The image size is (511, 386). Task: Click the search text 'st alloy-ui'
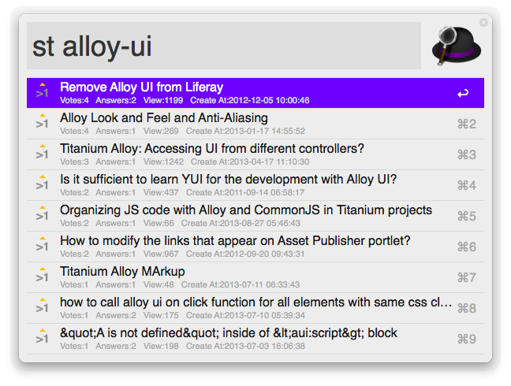coord(92,46)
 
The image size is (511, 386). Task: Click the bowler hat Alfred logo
coord(457,45)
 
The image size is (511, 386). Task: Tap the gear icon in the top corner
coord(483,23)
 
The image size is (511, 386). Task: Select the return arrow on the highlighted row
coord(463,94)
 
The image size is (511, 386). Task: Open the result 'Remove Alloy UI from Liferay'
coord(141,87)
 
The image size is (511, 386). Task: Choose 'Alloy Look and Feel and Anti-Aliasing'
coord(164,118)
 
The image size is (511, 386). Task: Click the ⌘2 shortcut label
coord(467,124)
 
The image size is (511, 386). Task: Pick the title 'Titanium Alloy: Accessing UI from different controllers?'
coord(212,148)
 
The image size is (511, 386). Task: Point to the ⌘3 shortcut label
coord(467,154)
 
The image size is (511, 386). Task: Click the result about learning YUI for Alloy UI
coord(229,180)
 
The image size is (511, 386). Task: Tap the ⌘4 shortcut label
coord(467,185)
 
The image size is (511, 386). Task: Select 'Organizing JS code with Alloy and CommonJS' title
coord(246,210)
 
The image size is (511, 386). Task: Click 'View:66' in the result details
coord(159,223)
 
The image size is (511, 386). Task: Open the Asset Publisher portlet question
coord(235,241)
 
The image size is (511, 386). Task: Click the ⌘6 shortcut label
coord(467,247)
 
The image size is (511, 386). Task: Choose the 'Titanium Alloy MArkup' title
coord(122,272)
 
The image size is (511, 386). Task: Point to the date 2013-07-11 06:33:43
coord(259,285)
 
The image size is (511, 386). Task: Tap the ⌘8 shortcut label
coord(467,308)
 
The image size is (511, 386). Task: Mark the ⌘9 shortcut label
coord(467,340)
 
